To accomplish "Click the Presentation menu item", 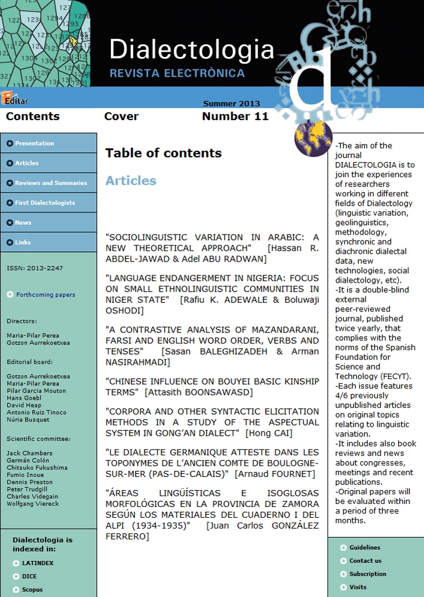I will (35, 143).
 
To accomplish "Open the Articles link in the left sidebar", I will (27, 163).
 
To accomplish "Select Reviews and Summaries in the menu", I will (51, 183).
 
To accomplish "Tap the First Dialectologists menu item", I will (45, 203).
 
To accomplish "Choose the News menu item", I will (23, 223).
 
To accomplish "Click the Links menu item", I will (23, 242).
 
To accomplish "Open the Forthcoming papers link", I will (46, 295).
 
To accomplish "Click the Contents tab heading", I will (33, 116).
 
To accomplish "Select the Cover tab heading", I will (121, 116).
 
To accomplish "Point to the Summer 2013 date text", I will (231, 104).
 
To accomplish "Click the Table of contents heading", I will (163, 153).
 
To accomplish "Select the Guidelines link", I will (365, 547).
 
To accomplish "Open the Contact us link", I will (365, 560).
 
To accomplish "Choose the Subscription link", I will (368, 574).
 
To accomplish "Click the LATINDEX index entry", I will (38, 563).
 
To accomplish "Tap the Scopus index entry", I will (32, 589).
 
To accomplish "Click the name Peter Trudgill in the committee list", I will (27, 489).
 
